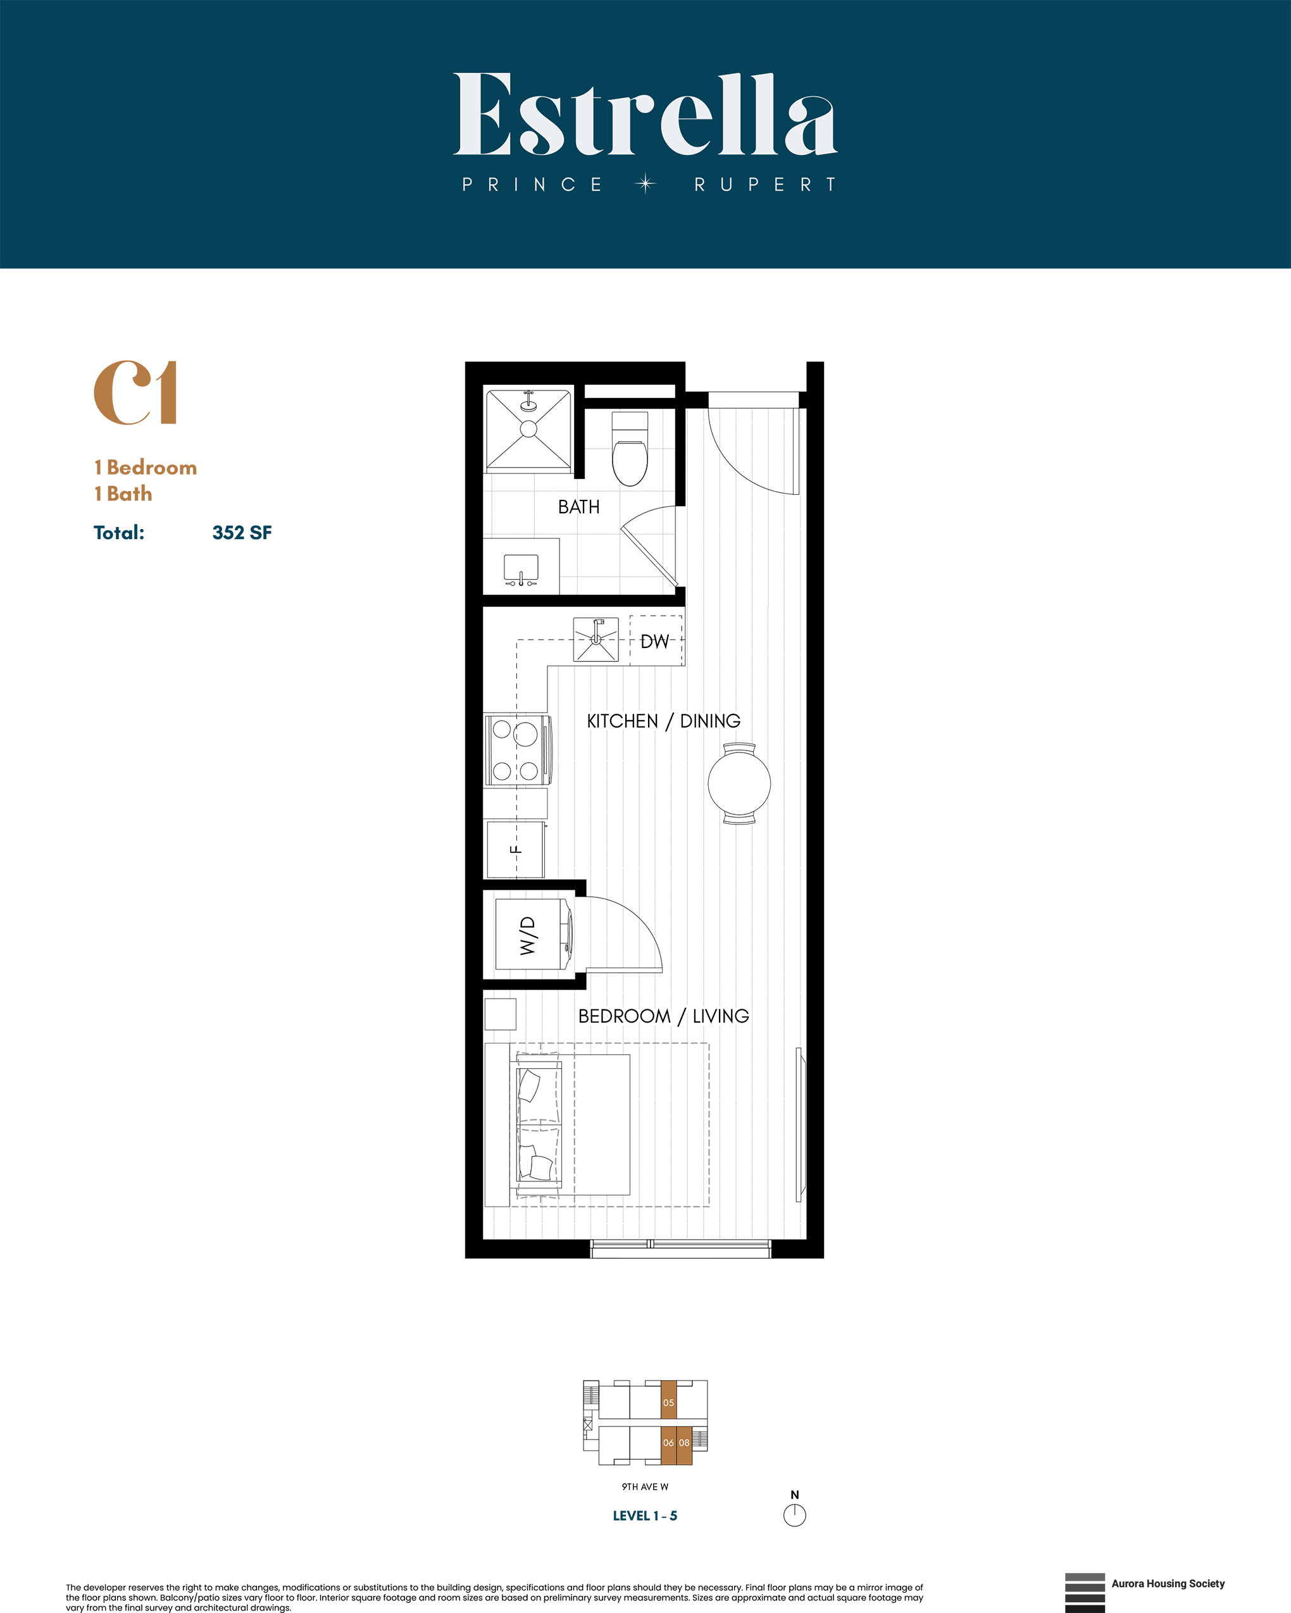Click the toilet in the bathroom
(630, 452)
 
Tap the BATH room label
(578, 508)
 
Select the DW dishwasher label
(655, 641)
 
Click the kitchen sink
(596, 639)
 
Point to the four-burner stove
(517, 750)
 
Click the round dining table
(739, 783)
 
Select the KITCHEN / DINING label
(663, 721)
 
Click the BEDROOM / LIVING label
(663, 1016)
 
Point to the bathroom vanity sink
(521, 567)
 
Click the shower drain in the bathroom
(528, 428)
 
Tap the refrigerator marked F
(516, 850)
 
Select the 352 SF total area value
(242, 533)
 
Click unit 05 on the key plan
(668, 1403)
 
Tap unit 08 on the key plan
(684, 1442)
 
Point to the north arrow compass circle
(795, 1515)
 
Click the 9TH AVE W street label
(644, 1486)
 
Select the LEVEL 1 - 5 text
(644, 1516)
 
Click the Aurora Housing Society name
(1168, 1583)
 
